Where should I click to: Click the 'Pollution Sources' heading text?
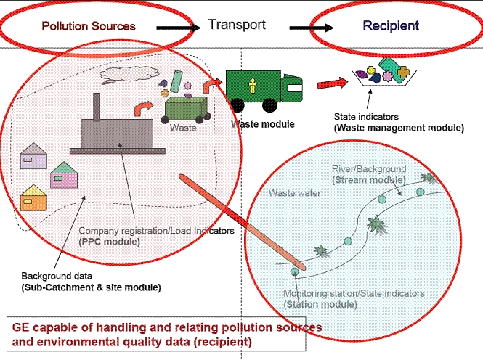[89, 26]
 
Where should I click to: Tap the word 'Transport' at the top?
[237, 25]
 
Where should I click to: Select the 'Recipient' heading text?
[391, 26]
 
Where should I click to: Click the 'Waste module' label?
[263, 124]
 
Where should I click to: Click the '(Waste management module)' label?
[398, 128]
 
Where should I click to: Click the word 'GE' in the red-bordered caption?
[21, 327]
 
